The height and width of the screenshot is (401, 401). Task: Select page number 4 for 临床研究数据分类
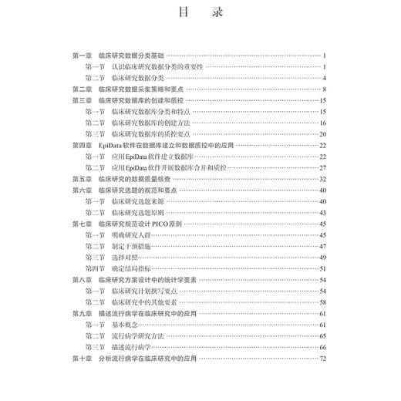pos(325,78)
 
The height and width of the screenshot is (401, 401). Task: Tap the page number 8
pos(325,89)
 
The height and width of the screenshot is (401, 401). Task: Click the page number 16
pos(324,123)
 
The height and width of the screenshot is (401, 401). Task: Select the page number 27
pos(324,167)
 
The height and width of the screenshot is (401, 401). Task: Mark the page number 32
pos(324,179)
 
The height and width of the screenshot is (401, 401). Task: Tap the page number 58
pos(324,302)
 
